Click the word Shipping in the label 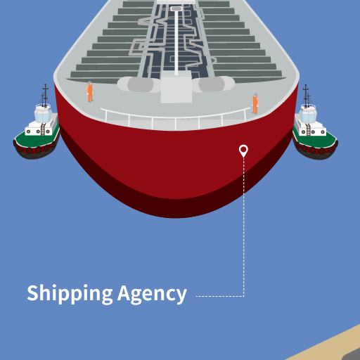click(70, 294)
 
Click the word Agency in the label click(152, 294)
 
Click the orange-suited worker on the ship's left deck click(89, 91)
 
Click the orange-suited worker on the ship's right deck click(255, 103)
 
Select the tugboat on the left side click(37, 127)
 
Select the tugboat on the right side click(315, 128)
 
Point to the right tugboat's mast click(306, 96)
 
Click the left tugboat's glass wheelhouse click(43, 113)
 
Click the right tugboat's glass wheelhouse click(308, 114)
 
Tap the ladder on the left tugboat click(43, 129)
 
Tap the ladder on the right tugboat click(308, 130)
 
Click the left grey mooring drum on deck click(139, 84)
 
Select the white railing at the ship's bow click(175, 119)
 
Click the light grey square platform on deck click(176, 87)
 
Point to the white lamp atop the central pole click(176, 8)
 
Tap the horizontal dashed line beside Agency click(220, 296)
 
